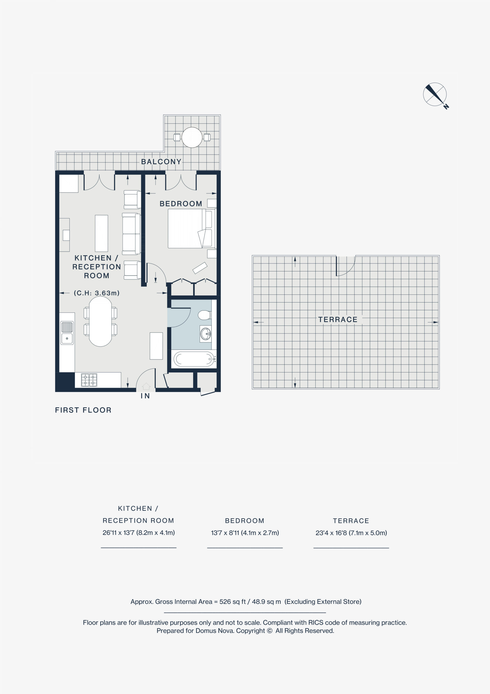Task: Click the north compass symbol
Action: tap(435, 95)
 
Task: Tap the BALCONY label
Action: tap(161, 162)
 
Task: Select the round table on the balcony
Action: tap(192, 137)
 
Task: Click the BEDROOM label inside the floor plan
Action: tap(181, 204)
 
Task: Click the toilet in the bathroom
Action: tap(205, 315)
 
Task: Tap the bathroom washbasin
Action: tap(206, 334)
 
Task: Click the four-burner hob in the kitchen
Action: tap(89, 380)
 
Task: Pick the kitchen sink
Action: tap(67, 333)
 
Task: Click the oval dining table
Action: tap(100, 321)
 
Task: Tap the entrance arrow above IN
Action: tap(146, 386)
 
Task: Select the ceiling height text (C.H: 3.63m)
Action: tap(97, 293)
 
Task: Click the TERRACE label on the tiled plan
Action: tap(338, 320)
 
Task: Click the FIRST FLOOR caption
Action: tap(83, 410)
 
